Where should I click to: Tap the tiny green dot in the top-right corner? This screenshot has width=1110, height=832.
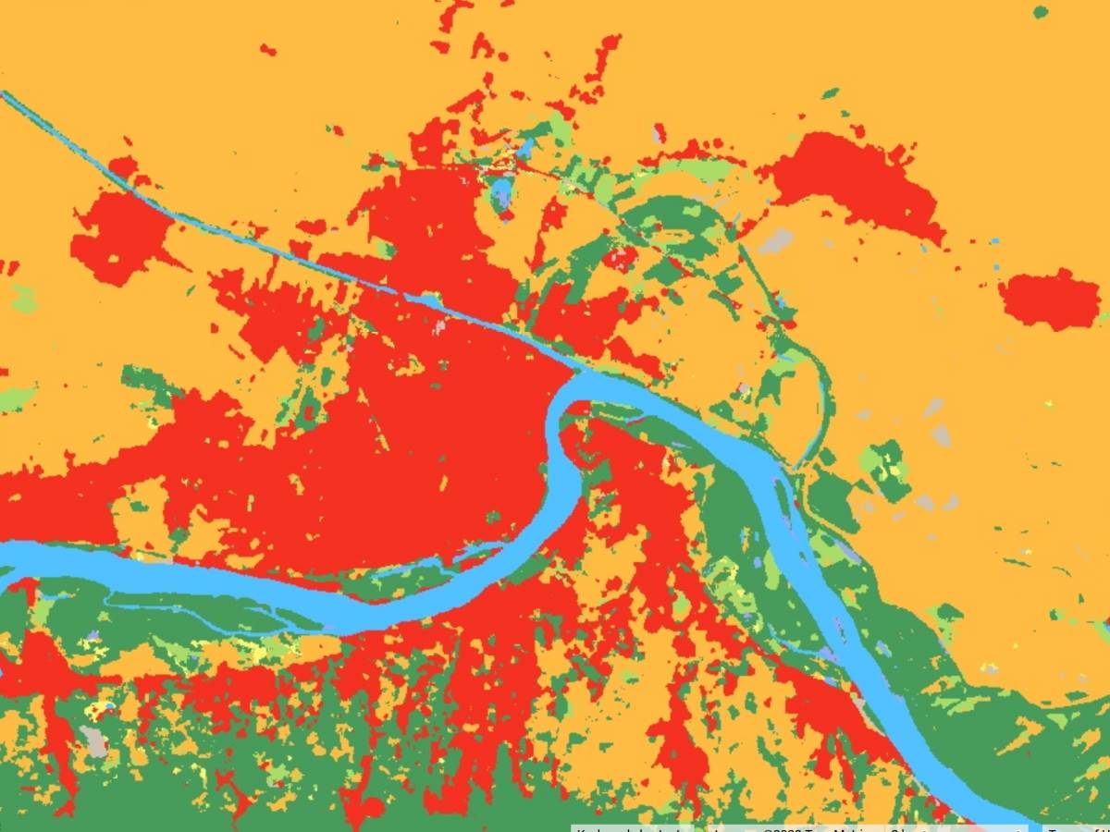tap(1041, 12)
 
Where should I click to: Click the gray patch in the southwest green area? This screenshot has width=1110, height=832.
tap(94, 740)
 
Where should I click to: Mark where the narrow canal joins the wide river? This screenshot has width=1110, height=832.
tap(577, 373)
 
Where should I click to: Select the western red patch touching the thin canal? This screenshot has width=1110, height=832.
tap(120, 236)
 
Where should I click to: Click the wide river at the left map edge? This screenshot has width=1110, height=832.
tap(9, 559)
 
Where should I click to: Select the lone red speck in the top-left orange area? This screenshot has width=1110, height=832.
tap(267, 49)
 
